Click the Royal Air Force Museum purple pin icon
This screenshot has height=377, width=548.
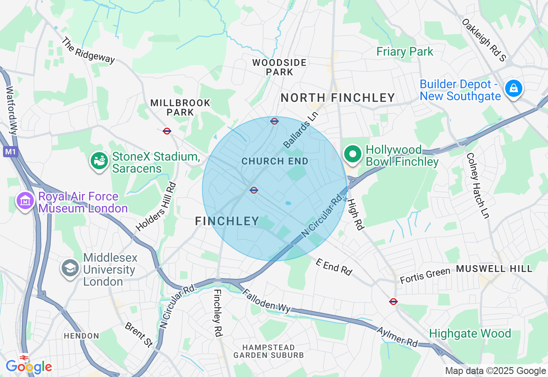[25, 200]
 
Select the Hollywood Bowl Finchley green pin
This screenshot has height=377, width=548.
[353, 155]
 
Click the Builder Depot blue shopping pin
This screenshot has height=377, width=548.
[513, 89]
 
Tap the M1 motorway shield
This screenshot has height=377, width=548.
[10, 152]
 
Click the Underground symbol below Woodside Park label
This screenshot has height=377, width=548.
[274, 121]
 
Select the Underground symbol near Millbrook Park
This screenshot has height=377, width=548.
[167, 131]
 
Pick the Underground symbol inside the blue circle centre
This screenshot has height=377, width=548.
[254, 190]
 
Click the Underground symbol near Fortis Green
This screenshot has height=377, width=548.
[393, 302]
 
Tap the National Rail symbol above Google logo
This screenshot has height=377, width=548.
[24, 357]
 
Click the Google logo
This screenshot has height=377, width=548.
[29, 367]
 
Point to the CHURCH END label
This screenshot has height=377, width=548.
[275, 162]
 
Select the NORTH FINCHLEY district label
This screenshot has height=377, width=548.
[338, 98]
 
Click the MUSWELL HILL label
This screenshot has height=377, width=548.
[494, 269]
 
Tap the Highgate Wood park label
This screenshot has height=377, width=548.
[470, 333]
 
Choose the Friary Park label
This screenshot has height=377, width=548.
[405, 52]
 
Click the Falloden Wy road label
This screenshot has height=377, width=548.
[266, 301]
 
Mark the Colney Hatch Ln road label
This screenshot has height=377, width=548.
[478, 186]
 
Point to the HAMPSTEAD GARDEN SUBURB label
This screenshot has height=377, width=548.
[268, 351]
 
